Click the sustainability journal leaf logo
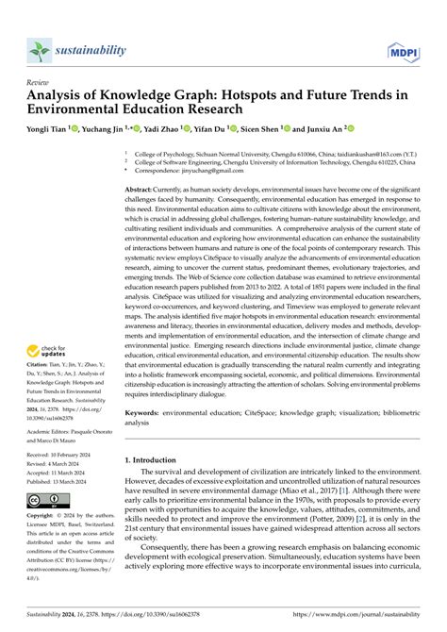click(40, 50)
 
